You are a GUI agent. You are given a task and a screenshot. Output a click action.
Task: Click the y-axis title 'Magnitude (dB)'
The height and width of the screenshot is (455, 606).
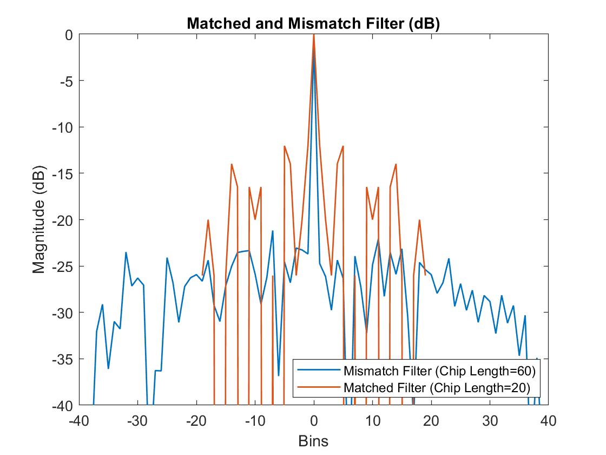pos(38,220)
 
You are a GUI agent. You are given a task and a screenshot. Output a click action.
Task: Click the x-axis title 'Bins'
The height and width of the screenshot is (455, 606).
pos(313,440)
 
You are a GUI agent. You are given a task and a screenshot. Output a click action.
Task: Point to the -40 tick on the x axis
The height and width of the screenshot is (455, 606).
pos(79,421)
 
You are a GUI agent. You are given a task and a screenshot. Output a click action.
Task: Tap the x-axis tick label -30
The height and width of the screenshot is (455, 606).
pos(137,421)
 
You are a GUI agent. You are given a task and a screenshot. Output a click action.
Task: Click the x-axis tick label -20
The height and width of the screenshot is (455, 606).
pos(196,421)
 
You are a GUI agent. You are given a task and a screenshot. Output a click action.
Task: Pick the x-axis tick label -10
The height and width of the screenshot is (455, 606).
pos(255,421)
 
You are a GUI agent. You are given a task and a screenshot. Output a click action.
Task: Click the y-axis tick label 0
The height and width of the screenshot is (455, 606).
pos(68,35)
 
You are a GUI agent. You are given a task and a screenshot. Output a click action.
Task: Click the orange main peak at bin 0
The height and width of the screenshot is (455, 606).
pos(314,36)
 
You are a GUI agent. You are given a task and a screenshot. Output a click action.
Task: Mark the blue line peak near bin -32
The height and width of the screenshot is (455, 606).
pos(126,252)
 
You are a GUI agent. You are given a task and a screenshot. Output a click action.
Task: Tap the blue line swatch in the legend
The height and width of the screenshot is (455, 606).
pos(319,372)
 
